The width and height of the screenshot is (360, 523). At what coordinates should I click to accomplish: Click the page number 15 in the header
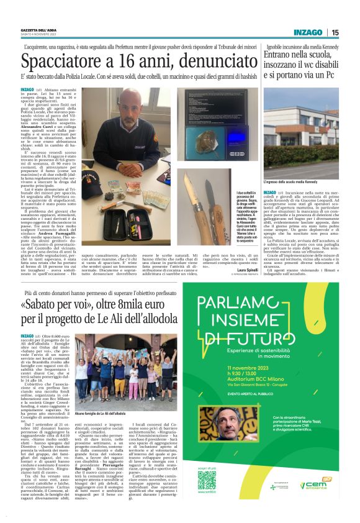pos(335,32)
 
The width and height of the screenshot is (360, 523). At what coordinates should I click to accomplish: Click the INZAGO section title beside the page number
pos(308,32)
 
